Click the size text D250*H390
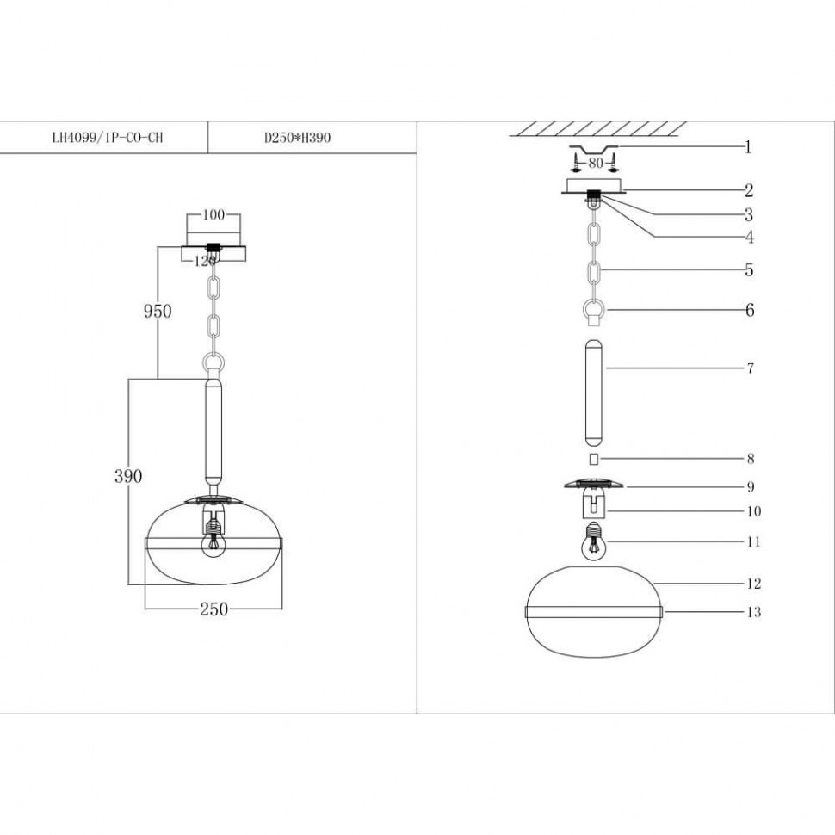click(297, 137)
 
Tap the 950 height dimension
click(157, 311)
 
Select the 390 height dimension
click(128, 475)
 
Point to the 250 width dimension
click(213, 609)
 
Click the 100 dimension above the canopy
click(213, 216)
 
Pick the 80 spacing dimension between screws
click(594, 161)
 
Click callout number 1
click(748, 147)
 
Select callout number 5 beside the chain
click(749, 270)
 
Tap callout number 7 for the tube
click(750, 368)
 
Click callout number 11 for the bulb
click(753, 542)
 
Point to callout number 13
click(753, 613)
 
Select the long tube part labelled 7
click(594, 392)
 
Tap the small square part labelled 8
click(594, 460)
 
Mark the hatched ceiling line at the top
click(594, 129)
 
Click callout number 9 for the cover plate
click(751, 486)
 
